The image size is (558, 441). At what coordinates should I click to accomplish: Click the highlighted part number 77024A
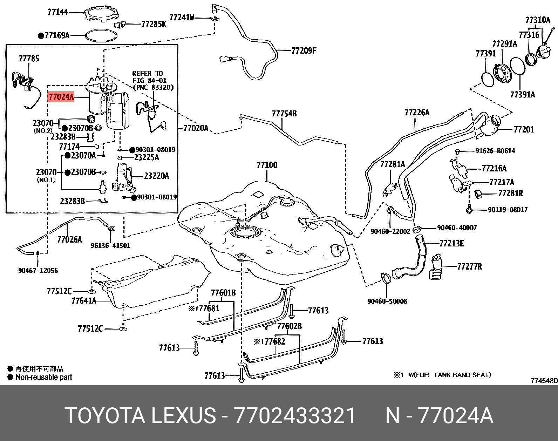click(61, 97)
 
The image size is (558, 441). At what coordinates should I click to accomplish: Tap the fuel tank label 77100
click(267, 165)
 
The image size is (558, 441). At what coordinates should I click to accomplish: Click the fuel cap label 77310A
click(538, 20)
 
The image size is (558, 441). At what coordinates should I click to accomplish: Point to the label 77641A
click(84, 300)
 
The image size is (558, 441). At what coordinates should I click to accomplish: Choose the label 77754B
click(284, 114)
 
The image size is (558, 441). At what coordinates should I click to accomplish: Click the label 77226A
click(417, 113)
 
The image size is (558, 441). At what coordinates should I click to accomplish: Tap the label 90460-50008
click(387, 301)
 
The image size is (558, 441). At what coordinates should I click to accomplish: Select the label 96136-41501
click(110, 245)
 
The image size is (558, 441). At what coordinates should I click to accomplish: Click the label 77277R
click(469, 267)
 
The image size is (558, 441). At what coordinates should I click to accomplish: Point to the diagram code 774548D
click(544, 381)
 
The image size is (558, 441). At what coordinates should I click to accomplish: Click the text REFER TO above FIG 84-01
click(148, 73)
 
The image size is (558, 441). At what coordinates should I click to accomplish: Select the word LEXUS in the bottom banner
click(184, 416)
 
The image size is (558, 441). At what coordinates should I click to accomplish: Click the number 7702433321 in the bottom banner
click(295, 416)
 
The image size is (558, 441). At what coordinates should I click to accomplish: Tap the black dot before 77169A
click(41, 35)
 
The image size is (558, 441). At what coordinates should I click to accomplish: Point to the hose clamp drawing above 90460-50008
click(386, 279)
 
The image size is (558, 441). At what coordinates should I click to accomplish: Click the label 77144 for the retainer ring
click(58, 12)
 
